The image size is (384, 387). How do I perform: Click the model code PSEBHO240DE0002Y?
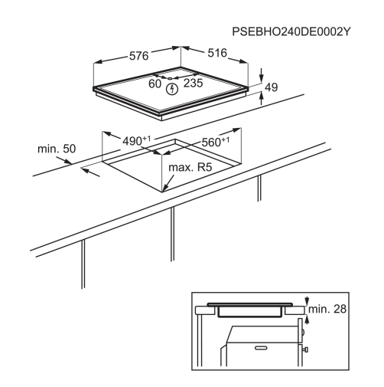click(x=291, y=32)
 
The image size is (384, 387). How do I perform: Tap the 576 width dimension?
click(x=138, y=56)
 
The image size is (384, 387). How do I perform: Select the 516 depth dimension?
click(x=217, y=53)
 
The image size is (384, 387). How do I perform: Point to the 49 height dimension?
click(x=272, y=87)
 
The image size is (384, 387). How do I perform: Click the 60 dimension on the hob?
click(x=155, y=84)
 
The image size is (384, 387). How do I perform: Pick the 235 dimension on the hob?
click(x=193, y=83)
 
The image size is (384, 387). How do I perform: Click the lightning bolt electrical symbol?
click(x=172, y=89)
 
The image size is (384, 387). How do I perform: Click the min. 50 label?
click(x=57, y=149)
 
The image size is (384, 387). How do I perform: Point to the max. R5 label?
click(x=190, y=168)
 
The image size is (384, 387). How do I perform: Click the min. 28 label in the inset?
click(x=327, y=309)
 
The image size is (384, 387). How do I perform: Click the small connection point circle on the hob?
click(x=171, y=78)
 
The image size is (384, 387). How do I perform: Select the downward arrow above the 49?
click(x=262, y=74)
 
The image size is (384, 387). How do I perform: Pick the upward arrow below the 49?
click(x=262, y=99)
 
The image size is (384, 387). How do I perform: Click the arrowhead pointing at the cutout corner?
click(x=164, y=188)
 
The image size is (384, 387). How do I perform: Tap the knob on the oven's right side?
click(x=305, y=349)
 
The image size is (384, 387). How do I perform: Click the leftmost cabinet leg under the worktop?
click(x=83, y=264)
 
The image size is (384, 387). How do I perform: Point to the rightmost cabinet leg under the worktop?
click(x=259, y=189)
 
